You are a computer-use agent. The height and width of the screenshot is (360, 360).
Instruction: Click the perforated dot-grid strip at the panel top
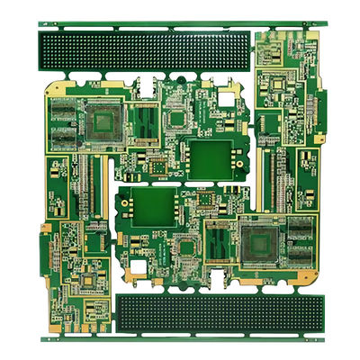[144, 52]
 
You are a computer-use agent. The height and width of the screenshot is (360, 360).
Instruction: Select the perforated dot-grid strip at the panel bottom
[220, 311]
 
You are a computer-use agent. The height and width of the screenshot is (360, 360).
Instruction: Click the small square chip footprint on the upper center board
[173, 117]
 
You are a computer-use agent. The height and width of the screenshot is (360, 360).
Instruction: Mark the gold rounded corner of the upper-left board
[51, 88]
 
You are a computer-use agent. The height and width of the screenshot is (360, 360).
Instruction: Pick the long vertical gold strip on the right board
[271, 175]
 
